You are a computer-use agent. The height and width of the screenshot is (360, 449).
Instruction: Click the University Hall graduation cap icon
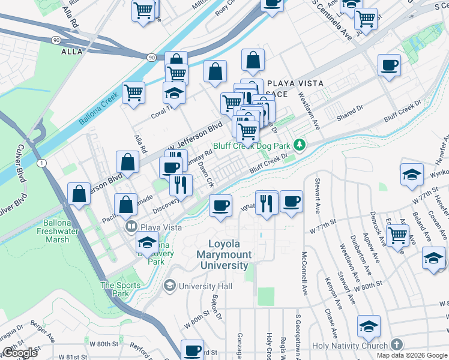tap(170, 286)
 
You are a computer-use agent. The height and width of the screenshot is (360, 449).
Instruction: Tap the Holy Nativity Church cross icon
tap(396, 345)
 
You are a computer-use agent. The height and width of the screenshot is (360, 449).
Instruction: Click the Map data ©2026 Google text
tap(412, 355)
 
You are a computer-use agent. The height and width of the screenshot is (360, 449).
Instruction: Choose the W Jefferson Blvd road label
tap(194, 138)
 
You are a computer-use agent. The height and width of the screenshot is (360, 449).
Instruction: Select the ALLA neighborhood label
tap(71, 52)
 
